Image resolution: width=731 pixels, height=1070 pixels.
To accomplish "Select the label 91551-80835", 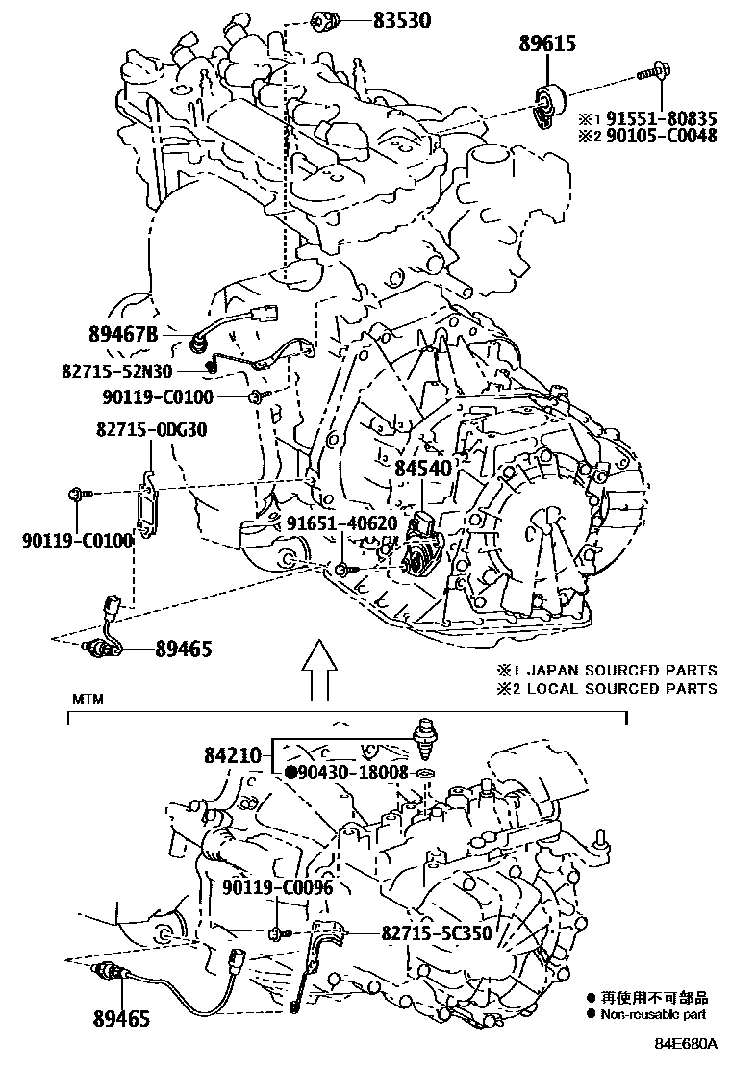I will click(x=659, y=119).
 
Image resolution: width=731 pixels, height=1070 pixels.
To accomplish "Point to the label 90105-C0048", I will click(x=659, y=137).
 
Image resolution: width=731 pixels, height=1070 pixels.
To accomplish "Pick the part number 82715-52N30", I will click(x=138, y=369).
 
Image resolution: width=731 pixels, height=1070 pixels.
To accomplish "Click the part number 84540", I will click(x=422, y=469).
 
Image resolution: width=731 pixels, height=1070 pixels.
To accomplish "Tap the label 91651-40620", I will click(x=341, y=522).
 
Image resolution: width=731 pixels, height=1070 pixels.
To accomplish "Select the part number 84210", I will click(x=233, y=756).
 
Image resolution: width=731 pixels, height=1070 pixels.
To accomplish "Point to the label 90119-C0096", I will click(x=277, y=887).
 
